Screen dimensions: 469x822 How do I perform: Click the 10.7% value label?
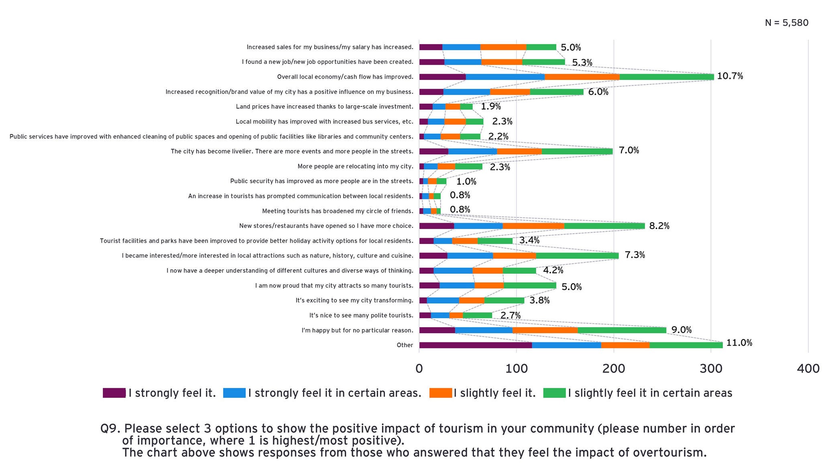pos(730,76)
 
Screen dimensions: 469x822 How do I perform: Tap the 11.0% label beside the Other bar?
pos(739,343)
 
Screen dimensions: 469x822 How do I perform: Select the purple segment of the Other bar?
pos(475,345)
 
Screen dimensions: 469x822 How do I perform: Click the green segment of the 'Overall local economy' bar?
pos(666,77)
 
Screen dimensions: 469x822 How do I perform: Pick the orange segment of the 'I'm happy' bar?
pos(545,330)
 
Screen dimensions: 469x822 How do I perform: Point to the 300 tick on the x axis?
pos(711,369)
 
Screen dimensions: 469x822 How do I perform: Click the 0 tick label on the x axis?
pos(419,369)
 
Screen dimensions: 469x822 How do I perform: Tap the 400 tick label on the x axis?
pos(808,369)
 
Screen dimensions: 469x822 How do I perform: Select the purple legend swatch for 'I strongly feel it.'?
pos(114,393)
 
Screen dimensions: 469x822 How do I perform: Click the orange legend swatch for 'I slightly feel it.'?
pos(440,393)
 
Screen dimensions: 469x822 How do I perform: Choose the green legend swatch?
pos(554,393)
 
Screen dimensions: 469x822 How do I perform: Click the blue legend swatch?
pos(234,393)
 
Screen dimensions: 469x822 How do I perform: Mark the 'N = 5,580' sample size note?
pos(786,23)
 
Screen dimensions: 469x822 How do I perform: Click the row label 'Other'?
pos(405,345)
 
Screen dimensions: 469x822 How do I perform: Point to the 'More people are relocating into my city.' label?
pos(355,166)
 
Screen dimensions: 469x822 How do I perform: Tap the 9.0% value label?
pos(681,330)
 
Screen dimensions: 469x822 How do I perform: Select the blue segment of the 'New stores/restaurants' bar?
pos(478,226)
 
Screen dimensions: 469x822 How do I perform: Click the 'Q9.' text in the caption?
pos(110,429)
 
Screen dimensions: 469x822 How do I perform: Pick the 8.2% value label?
pos(659,226)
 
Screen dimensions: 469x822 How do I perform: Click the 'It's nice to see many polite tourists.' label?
pos(361,315)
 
